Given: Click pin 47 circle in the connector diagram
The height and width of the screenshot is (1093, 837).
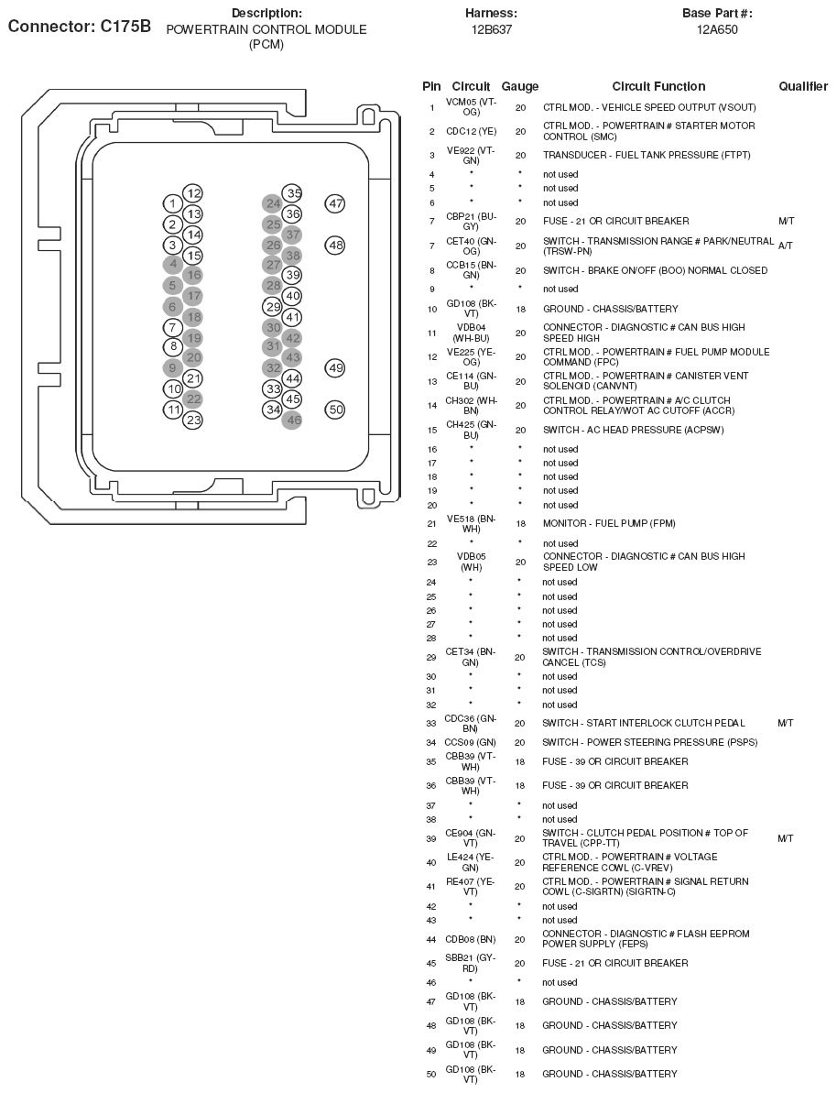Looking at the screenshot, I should point(335,203).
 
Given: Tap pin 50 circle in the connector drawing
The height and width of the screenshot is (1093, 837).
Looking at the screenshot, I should point(335,410).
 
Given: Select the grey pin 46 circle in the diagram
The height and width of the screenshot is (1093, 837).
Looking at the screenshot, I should point(293,421).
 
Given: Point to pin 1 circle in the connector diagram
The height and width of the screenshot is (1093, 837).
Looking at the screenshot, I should point(172,203).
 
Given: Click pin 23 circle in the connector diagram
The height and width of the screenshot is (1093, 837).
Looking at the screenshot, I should point(192,421).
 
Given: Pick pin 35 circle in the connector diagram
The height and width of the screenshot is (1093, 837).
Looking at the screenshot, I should point(292,193).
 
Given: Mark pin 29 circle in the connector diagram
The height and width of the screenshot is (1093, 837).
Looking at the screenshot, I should point(272,307).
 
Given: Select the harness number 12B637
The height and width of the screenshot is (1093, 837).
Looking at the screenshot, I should point(491,29).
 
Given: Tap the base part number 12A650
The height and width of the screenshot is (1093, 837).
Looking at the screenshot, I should point(717,29).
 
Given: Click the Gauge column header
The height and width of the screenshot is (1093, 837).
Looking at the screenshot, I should point(520,86).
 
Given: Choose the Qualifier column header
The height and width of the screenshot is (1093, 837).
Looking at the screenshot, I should point(803,86).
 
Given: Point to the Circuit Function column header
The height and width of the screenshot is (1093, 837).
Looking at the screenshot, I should point(658,86).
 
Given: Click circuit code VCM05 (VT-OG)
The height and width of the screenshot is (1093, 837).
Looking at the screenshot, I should point(471,106).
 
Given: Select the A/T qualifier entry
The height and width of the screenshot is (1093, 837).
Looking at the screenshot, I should point(785,246).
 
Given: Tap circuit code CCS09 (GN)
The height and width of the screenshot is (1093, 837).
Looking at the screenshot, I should point(471,742).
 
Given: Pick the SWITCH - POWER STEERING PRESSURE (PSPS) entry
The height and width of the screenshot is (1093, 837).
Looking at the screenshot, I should point(649,742).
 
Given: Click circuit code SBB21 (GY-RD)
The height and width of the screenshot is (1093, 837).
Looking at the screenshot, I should point(471,963).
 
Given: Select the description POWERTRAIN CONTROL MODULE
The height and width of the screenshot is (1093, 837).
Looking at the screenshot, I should point(266,29).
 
